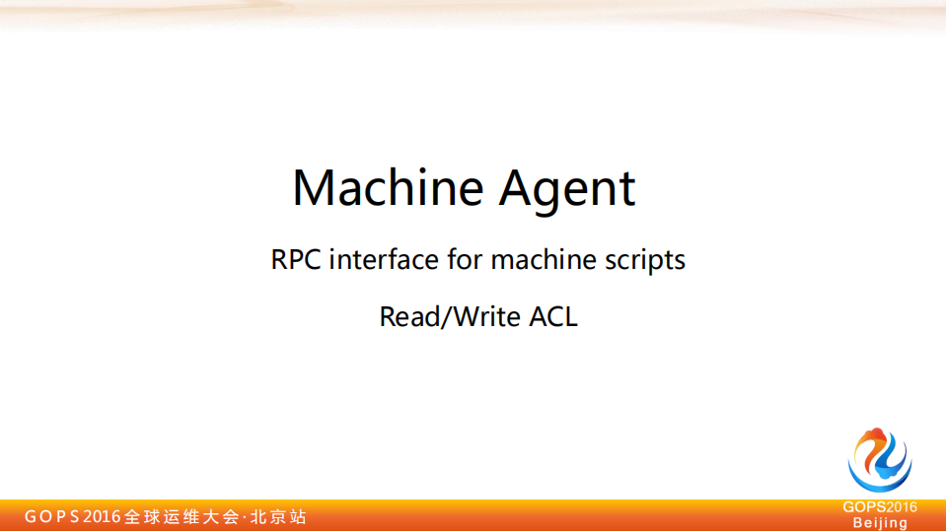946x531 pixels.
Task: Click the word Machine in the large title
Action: coord(388,187)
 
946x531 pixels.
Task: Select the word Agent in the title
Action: coord(567,190)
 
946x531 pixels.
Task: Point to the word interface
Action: coord(384,259)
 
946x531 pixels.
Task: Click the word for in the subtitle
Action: coord(465,259)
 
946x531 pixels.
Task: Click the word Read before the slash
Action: coord(410,316)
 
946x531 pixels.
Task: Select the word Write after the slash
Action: coord(486,316)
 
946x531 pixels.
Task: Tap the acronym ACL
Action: coord(553,316)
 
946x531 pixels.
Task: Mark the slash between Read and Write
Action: coord(447,317)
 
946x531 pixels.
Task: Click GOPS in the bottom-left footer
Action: coord(52,516)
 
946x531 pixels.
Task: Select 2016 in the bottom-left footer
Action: coord(102,516)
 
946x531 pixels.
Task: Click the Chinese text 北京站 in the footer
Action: coord(278,516)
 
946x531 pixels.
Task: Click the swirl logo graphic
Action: coord(880,460)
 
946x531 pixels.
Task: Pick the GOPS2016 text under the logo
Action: coord(880,507)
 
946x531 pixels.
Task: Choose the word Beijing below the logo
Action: coord(880,523)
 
